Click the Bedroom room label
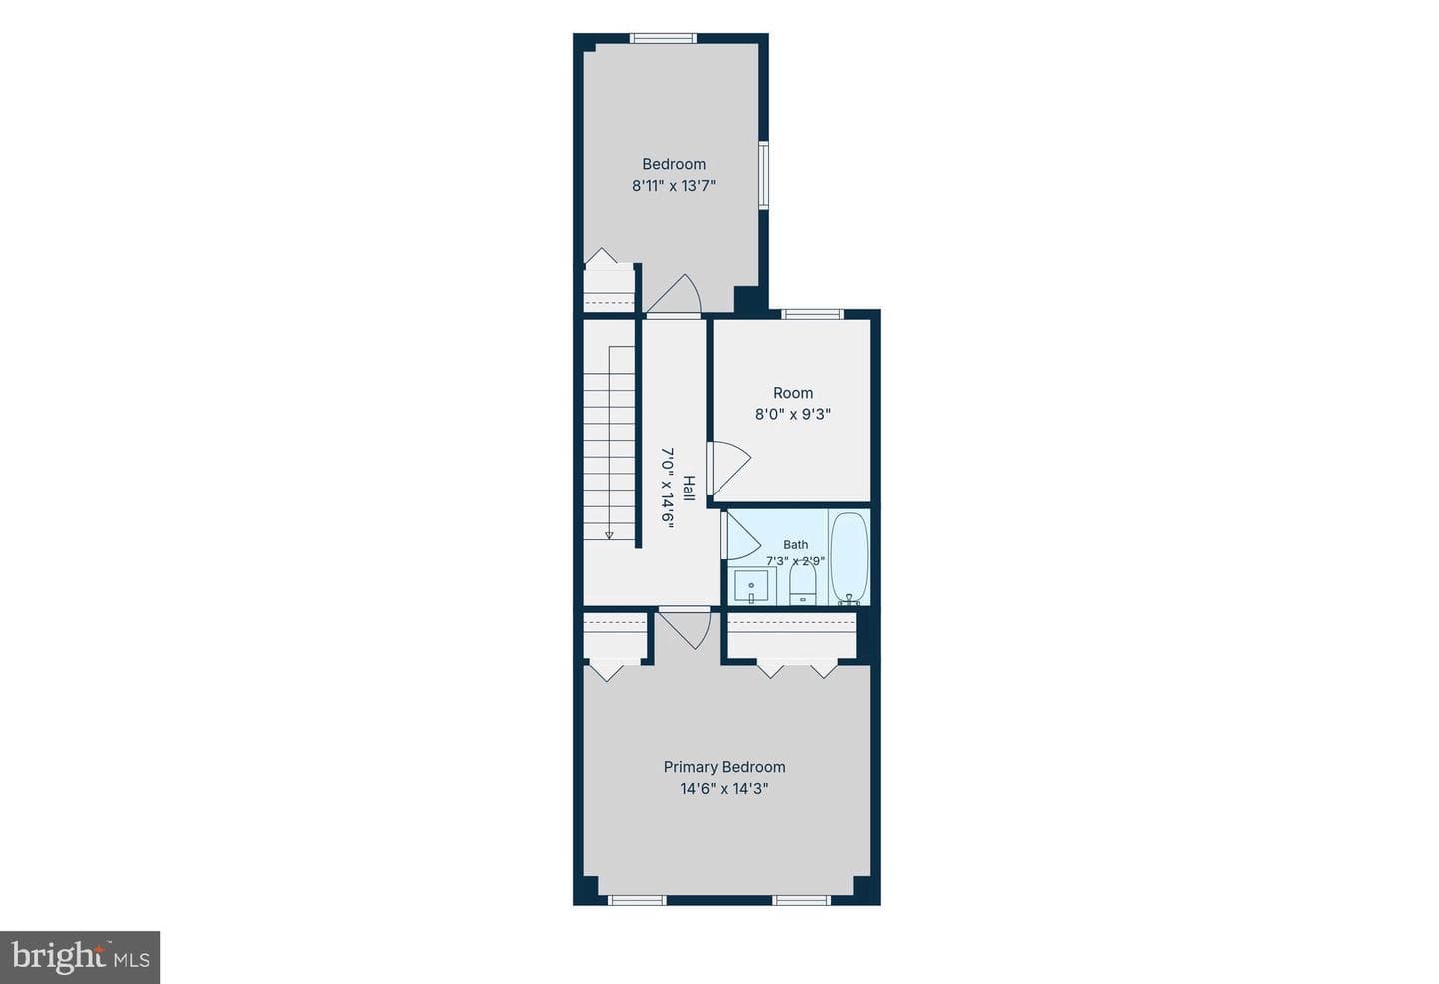674,164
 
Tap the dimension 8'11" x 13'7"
674,186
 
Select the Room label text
793,393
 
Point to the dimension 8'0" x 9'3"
793,415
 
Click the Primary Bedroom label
724,767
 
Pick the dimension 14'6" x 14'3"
724,789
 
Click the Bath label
795,544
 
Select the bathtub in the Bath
849,558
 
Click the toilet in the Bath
803,583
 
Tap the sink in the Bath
751,585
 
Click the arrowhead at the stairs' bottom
609,535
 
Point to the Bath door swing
741,535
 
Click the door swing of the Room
729,469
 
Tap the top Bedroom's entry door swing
674,295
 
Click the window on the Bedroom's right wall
763,175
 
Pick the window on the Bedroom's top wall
663,39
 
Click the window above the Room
812,314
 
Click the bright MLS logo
80,958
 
